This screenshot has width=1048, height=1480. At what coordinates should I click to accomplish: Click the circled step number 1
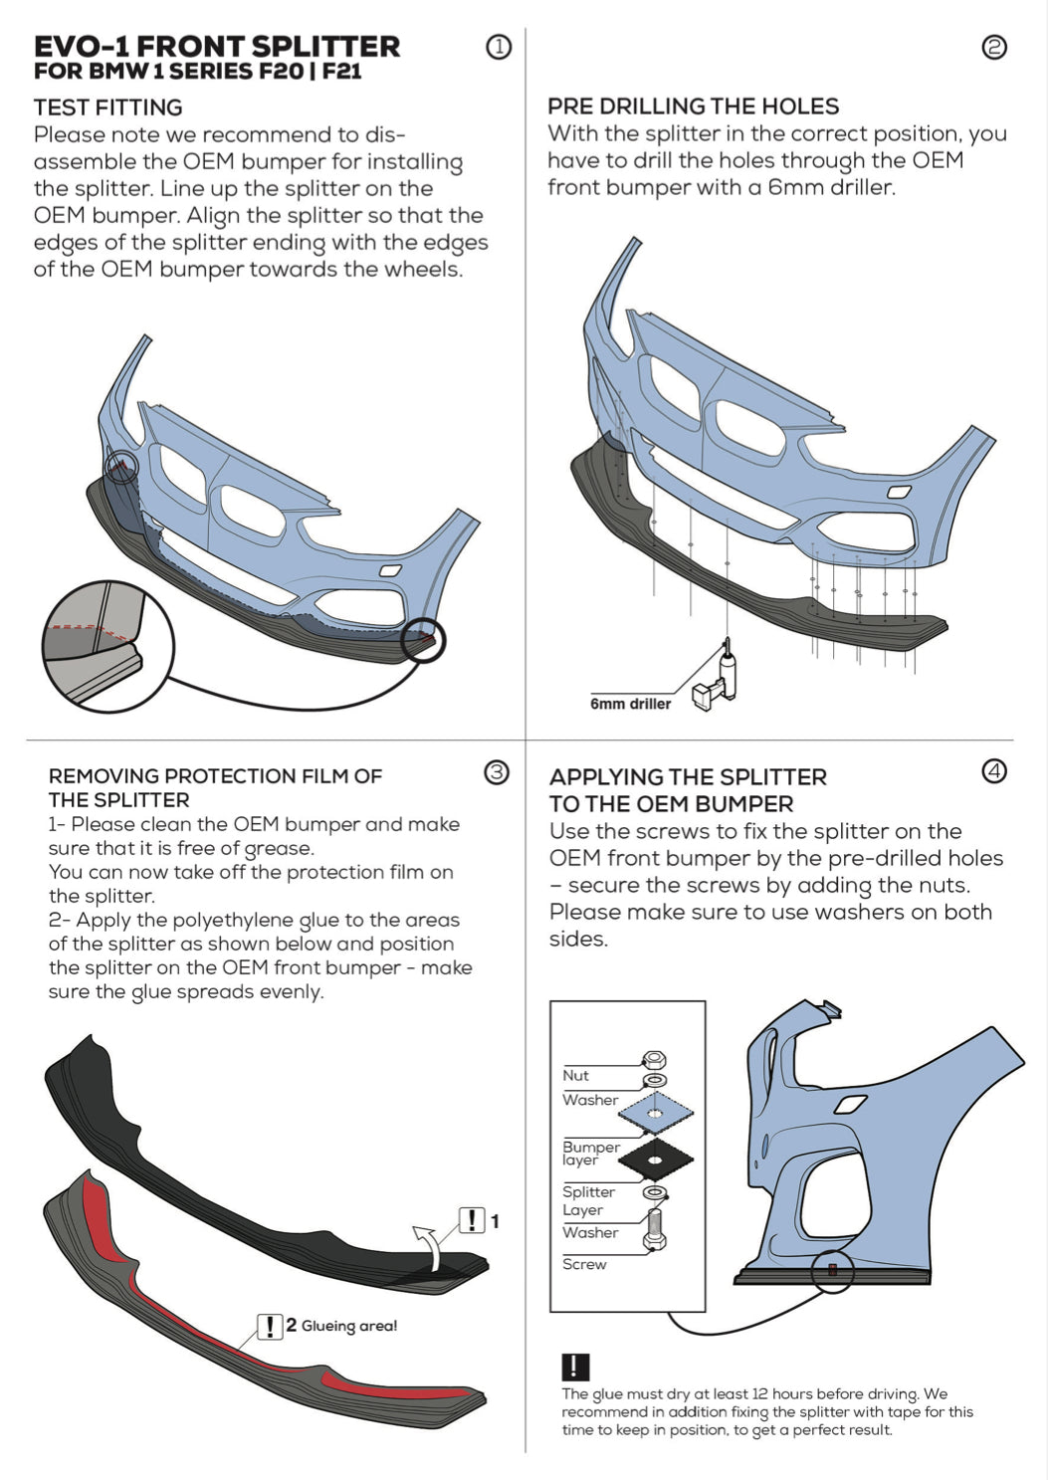click(x=499, y=47)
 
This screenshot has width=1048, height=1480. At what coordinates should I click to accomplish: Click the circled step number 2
click(x=993, y=47)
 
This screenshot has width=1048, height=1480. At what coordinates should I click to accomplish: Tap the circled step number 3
click(x=496, y=772)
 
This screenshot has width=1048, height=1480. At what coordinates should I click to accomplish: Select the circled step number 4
click(x=993, y=771)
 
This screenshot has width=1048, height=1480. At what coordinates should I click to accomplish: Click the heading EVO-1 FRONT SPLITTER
click(x=217, y=46)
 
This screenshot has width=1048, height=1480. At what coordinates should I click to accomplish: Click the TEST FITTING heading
click(x=107, y=107)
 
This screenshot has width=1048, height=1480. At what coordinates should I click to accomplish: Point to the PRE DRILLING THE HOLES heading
click(x=693, y=106)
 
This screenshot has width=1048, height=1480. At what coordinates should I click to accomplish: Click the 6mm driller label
click(x=630, y=704)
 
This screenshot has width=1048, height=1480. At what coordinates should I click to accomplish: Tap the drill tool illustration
click(x=716, y=677)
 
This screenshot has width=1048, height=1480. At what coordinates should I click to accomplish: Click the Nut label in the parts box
click(x=575, y=1076)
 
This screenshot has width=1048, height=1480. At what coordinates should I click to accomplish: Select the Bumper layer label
click(x=590, y=1153)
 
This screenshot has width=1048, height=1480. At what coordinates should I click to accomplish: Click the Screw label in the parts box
click(x=584, y=1264)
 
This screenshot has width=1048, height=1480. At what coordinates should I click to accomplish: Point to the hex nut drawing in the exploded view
click(x=655, y=1060)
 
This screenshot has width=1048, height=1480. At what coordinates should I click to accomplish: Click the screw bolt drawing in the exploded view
click(x=655, y=1226)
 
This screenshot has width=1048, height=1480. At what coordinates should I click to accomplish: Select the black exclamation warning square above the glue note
click(x=575, y=1367)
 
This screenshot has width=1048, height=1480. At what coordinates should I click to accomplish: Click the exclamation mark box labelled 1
click(x=471, y=1220)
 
